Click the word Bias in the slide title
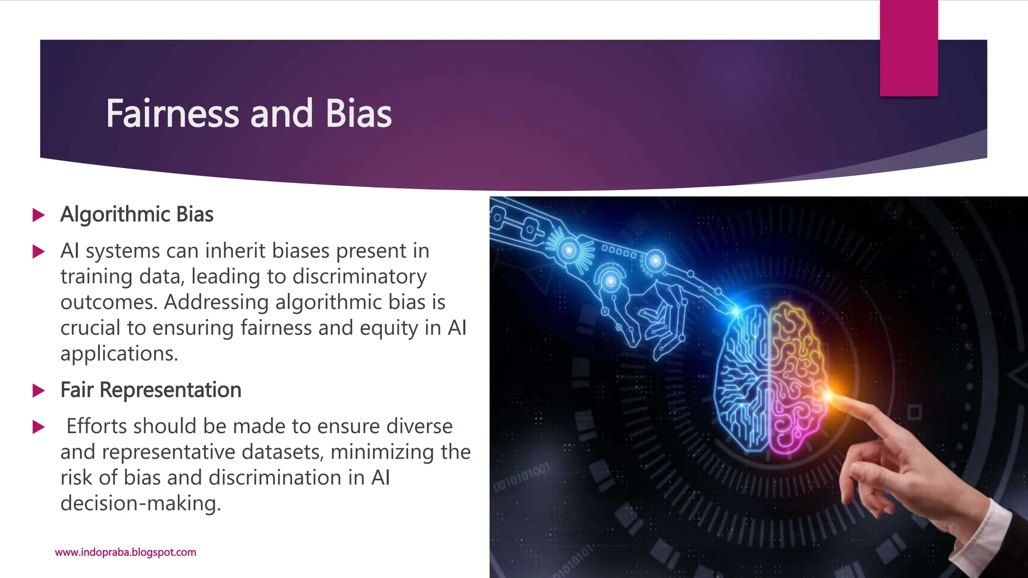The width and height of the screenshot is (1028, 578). coord(358,114)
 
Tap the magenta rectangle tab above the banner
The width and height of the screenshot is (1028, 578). coord(909,48)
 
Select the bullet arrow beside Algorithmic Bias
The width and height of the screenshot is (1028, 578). coord(39,215)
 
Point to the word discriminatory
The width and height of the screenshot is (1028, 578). coord(359,276)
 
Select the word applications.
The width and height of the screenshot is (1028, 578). coord(119,354)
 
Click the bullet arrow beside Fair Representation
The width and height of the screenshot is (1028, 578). coord(39,390)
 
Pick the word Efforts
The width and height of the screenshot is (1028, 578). coord(96,426)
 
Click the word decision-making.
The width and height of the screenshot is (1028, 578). coord(140,503)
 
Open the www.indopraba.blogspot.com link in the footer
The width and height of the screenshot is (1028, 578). coord(125,552)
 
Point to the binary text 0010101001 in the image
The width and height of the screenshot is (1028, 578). coord(522,477)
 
